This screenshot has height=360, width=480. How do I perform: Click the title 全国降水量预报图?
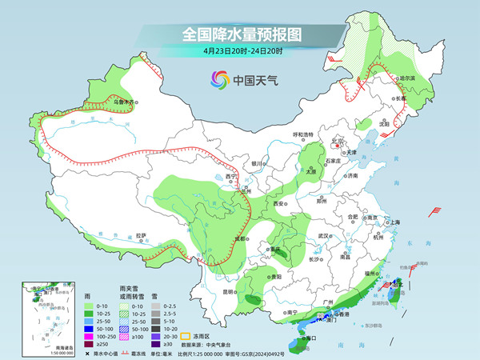(240, 34)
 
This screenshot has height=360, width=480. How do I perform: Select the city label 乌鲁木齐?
(124, 102)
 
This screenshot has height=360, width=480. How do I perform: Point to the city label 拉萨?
(142, 235)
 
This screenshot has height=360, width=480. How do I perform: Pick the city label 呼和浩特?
(304, 134)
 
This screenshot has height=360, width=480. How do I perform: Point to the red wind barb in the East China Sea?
(435, 211)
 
